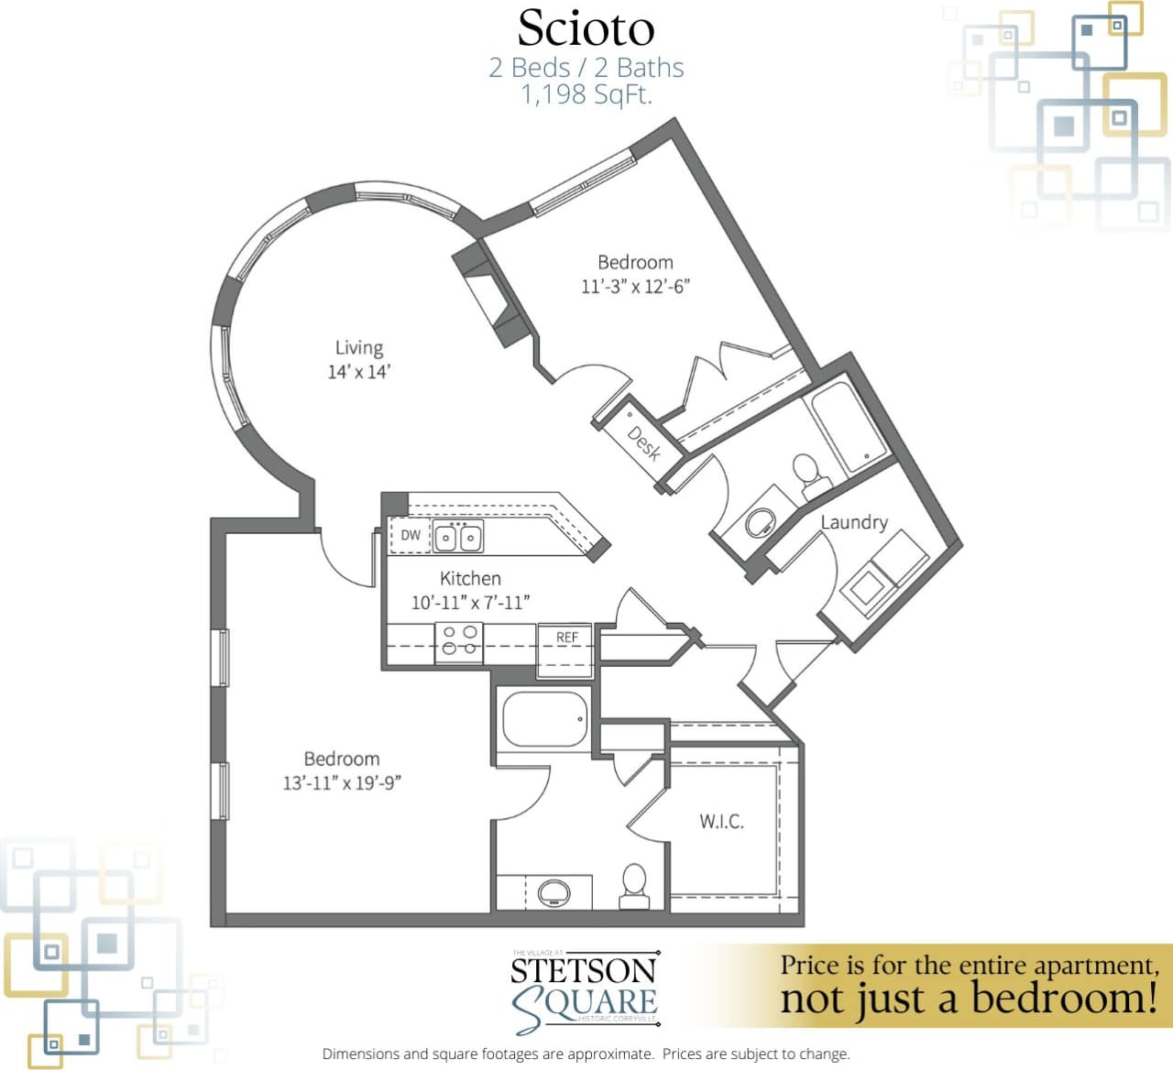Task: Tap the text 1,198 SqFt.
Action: (586, 94)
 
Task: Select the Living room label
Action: (358, 347)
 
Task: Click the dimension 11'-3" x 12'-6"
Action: (635, 286)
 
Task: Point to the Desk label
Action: (644, 442)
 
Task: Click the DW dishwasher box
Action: (410, 535)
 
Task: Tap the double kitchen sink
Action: (458, 537)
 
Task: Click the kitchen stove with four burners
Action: (459, 640)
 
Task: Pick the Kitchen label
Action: (470, 578)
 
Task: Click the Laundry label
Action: (853, 522)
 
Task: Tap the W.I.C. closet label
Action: (721, 821)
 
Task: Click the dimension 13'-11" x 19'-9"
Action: (342, 783)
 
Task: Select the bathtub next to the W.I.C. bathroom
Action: (544, 719)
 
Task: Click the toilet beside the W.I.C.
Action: (634, 883)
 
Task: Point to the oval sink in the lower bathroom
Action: (554, 890)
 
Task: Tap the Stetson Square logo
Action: (584, 990)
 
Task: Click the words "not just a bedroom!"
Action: (968, 999)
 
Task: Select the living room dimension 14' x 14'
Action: (358, 372)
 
